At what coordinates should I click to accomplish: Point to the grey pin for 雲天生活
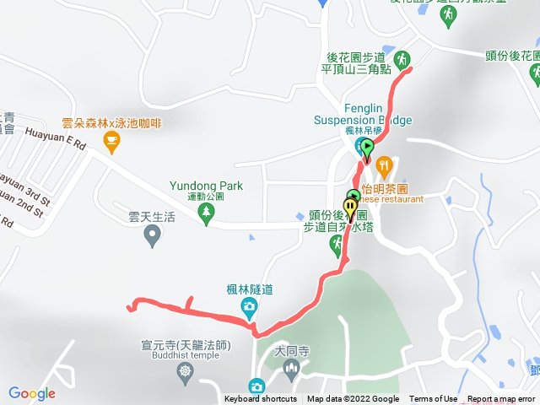pyautogui.click(x=153, y=239)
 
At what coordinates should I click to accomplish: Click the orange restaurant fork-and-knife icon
pyautogui.click(x=384, y=165)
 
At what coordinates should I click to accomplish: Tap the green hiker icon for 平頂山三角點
pyautogui.click(x=402, y=59)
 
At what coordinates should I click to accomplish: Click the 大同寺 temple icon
pyautogui.click(x=292, y=369)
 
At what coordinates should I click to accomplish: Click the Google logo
pyautogui.click(x=31, y=393)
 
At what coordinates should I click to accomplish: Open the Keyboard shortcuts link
pyautogui.click(x=261, y=399)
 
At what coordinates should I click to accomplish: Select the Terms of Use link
pyautogui.click(x=433, y=399)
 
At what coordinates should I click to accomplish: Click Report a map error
pyautogui.click(x=501, y=399)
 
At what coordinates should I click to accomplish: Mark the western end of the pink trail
pyautogui.click(x=129, y=307)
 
